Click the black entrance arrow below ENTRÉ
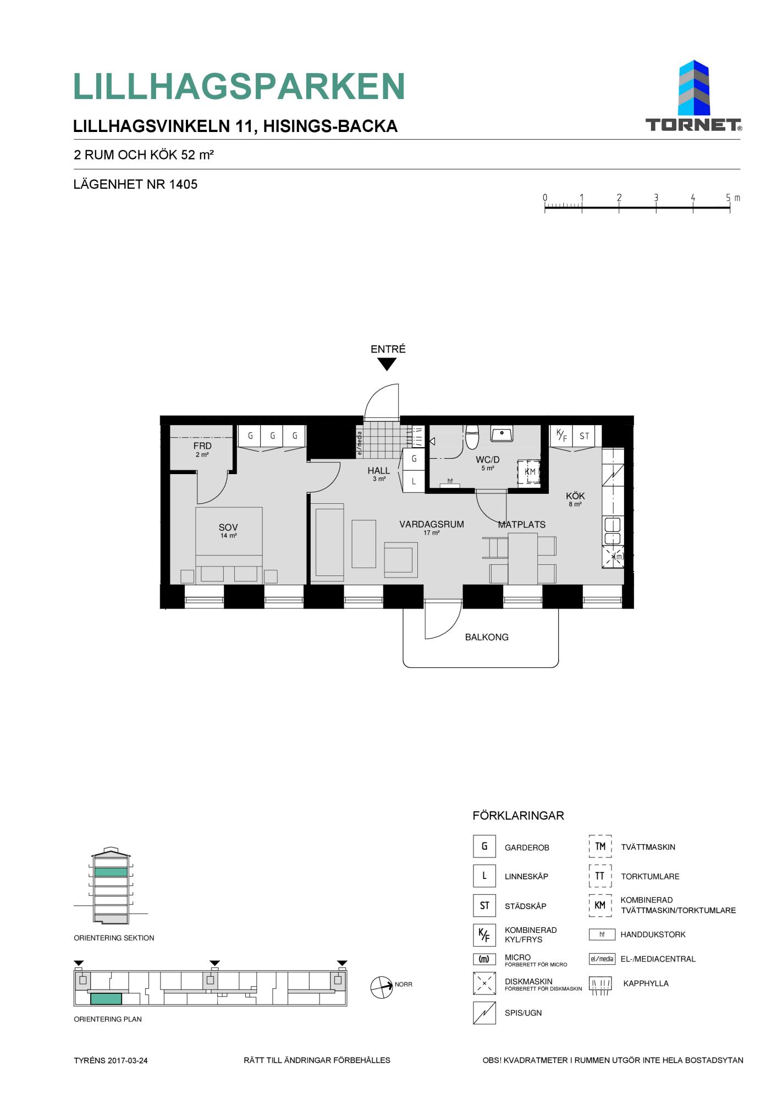click(387, 364)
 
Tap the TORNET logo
click(693, 96)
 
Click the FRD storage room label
click(202, 446)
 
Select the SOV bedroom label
click(228, 527)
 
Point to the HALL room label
click(379, 471)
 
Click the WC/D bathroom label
click(488, 460)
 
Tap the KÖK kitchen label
click(575, 496)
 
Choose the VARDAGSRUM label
click(432, 525)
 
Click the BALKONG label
click(487, 637)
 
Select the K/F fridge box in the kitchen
click(561, 436)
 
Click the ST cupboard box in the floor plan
click(584, 436)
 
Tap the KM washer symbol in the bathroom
click(529, 472)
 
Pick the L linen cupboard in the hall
click(414, 481)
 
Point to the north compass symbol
click(382, 987)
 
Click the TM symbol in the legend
click(600, 846)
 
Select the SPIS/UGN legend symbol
click(484, 1013)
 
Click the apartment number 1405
click(183, 185)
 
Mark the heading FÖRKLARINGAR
click(518, 816)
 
